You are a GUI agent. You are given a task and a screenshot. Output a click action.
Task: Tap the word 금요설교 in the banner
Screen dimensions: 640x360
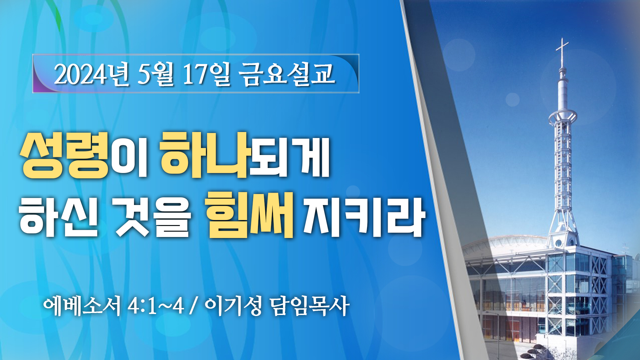287,74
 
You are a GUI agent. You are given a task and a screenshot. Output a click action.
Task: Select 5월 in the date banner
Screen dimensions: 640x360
155,74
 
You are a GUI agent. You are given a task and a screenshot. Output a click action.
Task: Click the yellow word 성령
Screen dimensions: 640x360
65,155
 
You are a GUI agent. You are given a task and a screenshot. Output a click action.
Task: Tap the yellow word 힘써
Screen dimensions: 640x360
250,215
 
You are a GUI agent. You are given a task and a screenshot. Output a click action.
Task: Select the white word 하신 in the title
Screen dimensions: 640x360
59,217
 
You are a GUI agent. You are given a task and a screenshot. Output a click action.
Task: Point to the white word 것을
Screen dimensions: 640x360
153,217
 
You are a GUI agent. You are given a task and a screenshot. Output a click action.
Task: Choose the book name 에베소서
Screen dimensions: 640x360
82,305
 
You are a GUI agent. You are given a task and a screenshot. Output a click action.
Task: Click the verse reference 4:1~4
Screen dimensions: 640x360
156,306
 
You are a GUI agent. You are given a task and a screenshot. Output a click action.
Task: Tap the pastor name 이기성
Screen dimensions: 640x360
233,305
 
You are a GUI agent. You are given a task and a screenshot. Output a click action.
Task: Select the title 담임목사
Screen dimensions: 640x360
310,305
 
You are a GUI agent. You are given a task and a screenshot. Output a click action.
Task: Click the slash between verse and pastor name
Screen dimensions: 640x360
193,306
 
